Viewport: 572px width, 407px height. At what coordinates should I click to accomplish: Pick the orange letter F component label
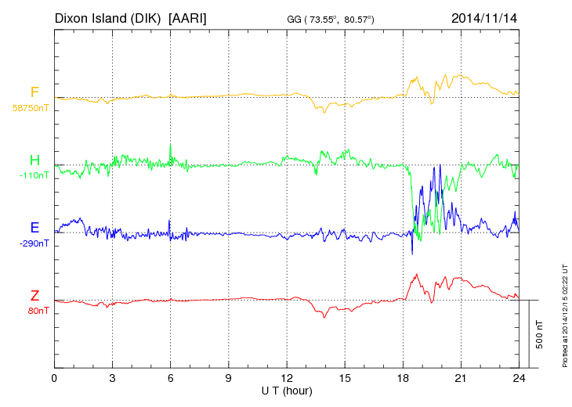tap(34, 93)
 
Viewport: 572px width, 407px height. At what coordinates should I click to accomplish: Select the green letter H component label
tap(34, 160)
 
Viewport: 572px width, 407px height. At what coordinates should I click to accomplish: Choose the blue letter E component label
tap(34, 228)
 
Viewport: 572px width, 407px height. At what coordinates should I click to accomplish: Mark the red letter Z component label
tap(34, 296)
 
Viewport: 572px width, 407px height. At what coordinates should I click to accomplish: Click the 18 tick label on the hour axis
tap(403, 379)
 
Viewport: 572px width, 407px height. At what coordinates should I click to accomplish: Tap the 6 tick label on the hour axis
tap(171, 379)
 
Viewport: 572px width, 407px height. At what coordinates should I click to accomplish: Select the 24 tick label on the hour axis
tap(518, 379)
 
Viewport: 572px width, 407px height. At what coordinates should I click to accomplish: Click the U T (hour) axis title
tap(287, 390)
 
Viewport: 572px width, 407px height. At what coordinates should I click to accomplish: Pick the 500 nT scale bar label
tap(540, 334)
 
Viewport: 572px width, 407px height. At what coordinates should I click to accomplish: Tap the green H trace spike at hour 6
tap(170, 148)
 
